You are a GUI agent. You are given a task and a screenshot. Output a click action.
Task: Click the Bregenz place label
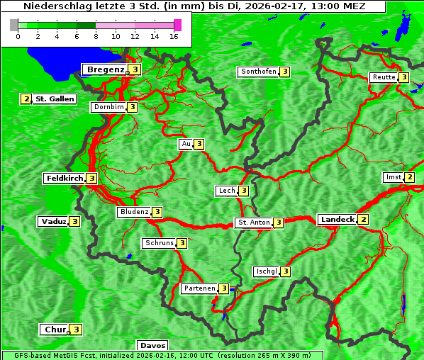coord(105,69)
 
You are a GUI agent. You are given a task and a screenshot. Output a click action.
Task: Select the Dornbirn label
coord(108,107)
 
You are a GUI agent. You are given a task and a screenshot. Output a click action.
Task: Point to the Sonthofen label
coord(258,72)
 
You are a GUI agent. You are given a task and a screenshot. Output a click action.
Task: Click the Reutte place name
coord(383,77)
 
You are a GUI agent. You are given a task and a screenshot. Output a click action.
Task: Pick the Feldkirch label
coord(64,179)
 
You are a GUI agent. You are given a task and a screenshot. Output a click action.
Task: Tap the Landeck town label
coord(337,220)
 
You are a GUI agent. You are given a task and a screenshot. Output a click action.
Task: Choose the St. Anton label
coord(254,223)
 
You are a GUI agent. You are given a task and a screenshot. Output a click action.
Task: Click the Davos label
coord(152,346)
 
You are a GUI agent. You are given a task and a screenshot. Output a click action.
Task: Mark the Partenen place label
coord(199,288)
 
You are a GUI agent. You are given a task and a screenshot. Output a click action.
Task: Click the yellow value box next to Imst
coord(409,177)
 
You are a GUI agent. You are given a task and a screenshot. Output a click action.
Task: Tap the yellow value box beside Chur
coord(76,330)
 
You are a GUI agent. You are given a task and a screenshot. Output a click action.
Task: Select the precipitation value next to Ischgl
coord(285,271)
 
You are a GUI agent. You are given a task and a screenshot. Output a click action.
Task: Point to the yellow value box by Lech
coord(243,191)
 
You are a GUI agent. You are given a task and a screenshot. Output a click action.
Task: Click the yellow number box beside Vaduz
coord(74,221)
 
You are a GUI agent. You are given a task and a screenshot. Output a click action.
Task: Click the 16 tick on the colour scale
coord(174,36)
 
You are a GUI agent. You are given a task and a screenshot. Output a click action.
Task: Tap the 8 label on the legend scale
coord(95,36)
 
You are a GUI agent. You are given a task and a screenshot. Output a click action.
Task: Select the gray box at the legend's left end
coord(14,25)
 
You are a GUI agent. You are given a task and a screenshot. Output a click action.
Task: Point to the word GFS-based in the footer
coord(22,355)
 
